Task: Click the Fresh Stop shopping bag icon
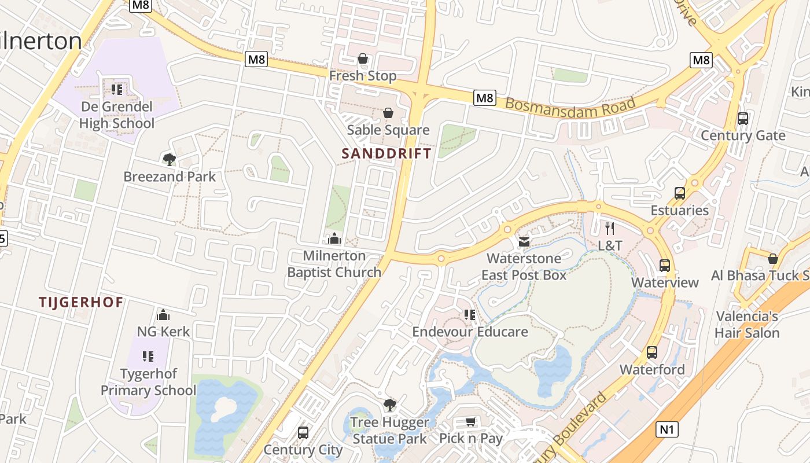363,58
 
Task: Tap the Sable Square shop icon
388,113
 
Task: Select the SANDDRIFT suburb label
386,153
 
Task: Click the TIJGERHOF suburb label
81,302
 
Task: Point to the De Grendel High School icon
117,89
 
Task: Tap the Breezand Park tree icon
169,159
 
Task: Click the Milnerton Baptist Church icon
334,238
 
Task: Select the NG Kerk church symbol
163,315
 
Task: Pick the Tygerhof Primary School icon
148,357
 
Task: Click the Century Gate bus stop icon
743,119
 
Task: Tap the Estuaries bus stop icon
680,193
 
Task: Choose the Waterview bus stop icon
665,266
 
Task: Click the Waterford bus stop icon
652,352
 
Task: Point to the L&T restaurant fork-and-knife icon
609,229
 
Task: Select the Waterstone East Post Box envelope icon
524,241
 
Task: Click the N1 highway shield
668,429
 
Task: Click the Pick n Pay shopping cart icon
471,421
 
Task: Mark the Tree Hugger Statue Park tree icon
390,405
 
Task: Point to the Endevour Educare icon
470,315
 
